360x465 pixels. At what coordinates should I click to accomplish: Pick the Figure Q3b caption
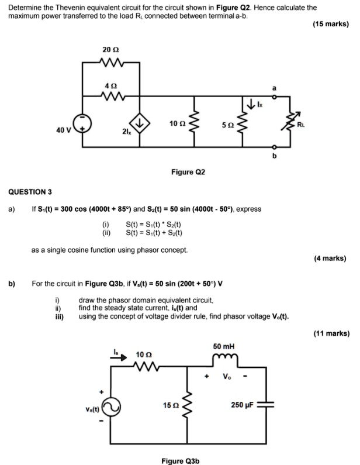tap(181, 460)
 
